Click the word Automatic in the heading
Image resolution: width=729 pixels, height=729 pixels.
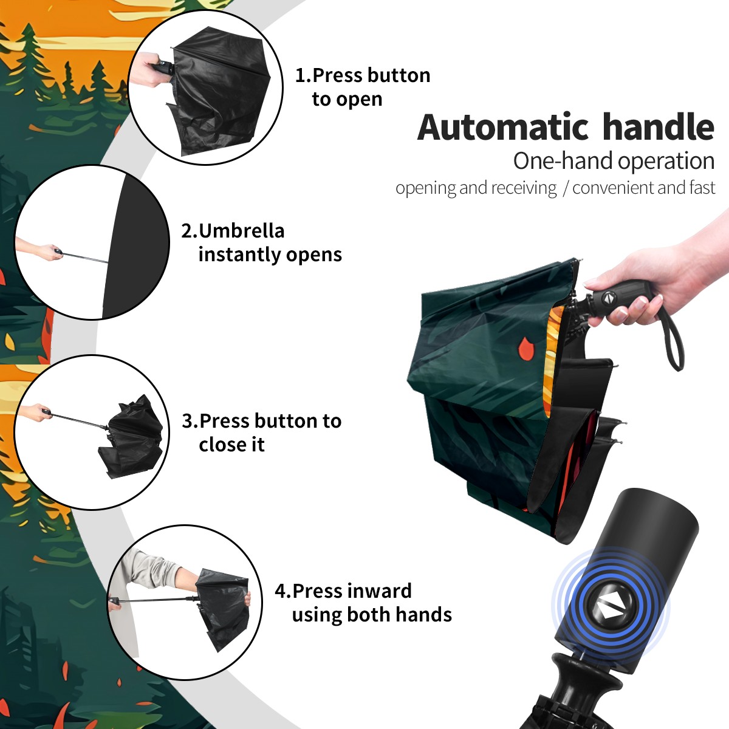click(503, 127)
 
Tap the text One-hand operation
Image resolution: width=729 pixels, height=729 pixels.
click(614, 161)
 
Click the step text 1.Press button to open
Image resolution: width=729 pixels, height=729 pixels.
click(363, 87)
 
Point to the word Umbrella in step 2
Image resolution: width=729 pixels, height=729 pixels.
click(241, 231)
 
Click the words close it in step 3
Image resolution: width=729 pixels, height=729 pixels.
click(231, 445)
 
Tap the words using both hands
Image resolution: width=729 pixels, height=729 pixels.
click(372, 614)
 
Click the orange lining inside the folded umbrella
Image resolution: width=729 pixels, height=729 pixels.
click(553, 360)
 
